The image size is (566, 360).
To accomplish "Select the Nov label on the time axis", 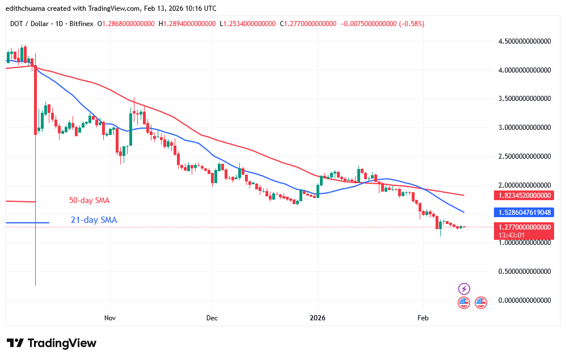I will tap(110, 318).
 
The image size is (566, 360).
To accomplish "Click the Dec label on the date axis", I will tap(212, 318).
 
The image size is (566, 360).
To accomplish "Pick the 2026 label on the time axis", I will tap(318, 318).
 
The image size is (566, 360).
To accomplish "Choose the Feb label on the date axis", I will tap(423, 318).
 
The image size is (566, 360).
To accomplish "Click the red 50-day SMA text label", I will tap(89, 200).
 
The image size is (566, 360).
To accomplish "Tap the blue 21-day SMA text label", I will tap(94, 220).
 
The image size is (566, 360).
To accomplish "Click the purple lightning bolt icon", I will tap(464, 289).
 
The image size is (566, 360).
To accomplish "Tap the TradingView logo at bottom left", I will tap(52, 343).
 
